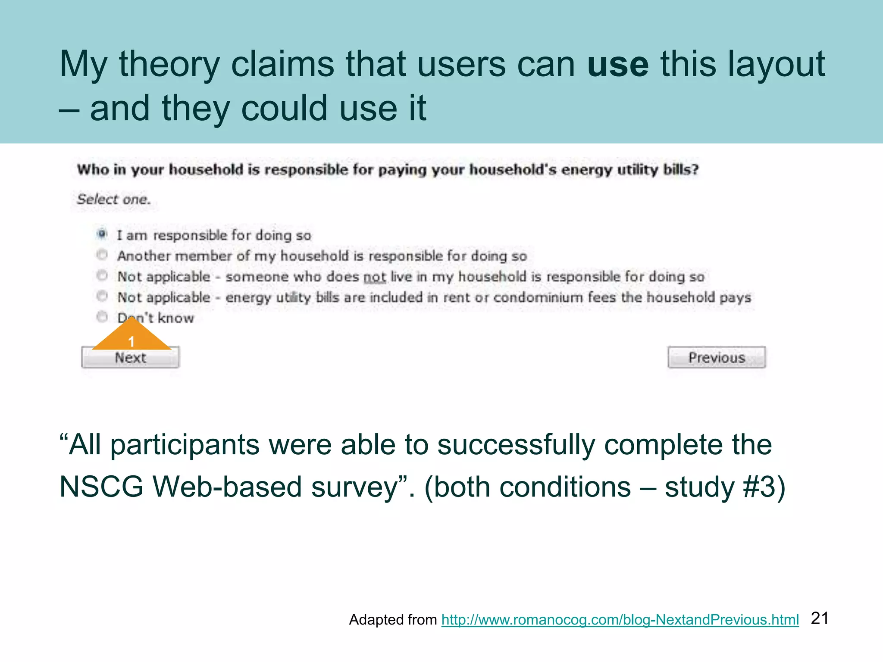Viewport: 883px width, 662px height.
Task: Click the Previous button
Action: point(717,358)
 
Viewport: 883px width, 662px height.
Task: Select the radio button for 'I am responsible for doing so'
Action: point(102,234)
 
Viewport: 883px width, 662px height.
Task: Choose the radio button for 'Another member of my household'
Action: point(102,255)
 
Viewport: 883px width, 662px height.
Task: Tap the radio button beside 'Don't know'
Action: point(102,317)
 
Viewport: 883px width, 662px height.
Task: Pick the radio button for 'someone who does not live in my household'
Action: point(102,275)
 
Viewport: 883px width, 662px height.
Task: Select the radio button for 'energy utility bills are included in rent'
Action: point(102,296)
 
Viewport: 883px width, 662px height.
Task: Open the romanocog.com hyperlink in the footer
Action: point(620,620)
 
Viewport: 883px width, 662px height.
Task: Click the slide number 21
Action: point(820,618)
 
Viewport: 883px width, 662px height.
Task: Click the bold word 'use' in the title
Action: point(617,64)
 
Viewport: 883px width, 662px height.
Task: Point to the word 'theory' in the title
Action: point(169,64)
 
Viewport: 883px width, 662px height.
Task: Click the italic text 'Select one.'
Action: point(114,199)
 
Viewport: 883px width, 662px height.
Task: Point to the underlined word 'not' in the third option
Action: point(374,277)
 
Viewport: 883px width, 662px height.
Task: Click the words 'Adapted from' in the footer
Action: point(393,620)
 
